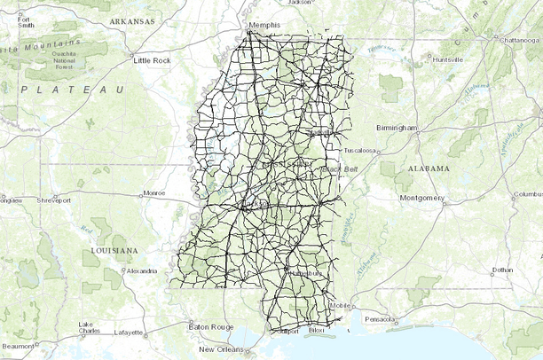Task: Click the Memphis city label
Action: click(x=264, y=26)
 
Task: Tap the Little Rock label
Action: click(x=151, y=60)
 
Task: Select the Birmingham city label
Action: click(x=396, y=128)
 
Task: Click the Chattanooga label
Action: click(x=520, y=40)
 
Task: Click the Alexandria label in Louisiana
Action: click(x=142, y=270)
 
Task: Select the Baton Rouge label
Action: click(x=211, y=327)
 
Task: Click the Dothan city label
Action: click(x=502, y=270)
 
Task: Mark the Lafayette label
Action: click(x=127, y=333)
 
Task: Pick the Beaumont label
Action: click(x=18, y=346)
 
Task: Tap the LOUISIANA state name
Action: click(x=114, y=251)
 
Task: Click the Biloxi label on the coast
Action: click(x=316, y=332)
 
